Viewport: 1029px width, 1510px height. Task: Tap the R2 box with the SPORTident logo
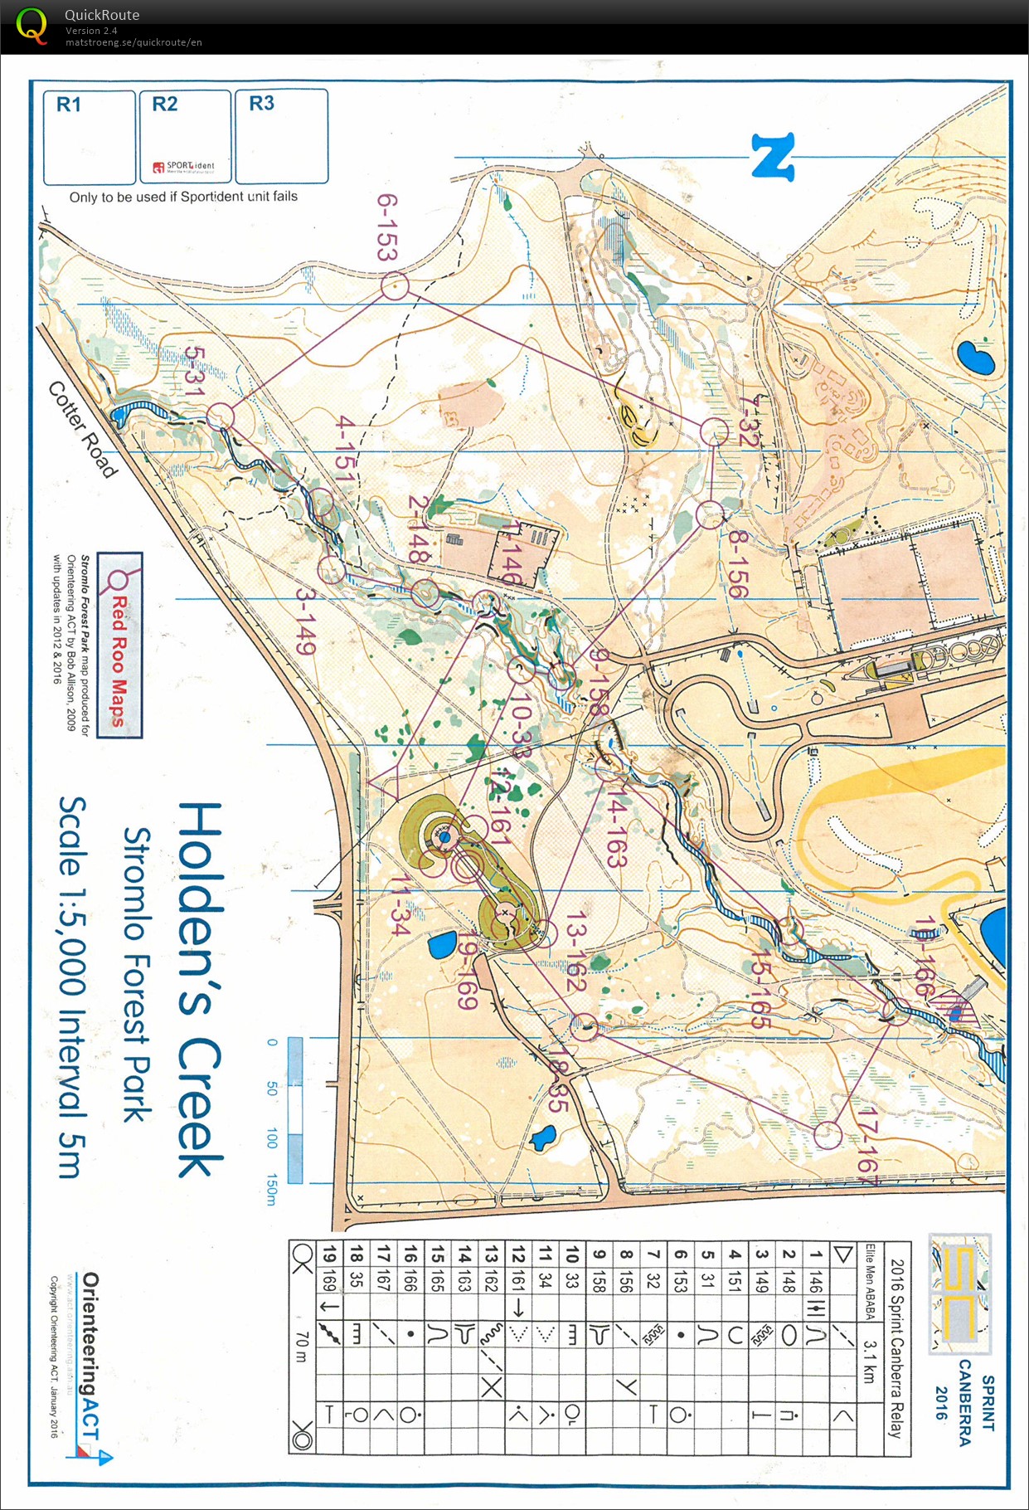[x=185, y=137]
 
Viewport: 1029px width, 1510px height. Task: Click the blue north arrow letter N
[x=773, y=157]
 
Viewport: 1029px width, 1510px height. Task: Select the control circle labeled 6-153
[x=395, y=287]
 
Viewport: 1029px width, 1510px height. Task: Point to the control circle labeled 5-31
[x=221, y=416]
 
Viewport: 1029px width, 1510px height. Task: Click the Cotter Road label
[x=82, y=429]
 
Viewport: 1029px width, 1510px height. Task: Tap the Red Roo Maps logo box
[x=119, y=645]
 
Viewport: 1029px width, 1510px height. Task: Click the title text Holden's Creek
[x=199, y=988]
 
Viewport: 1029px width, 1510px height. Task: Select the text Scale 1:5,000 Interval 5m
[x=72, y=987]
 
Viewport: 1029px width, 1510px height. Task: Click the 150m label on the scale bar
[x=271, y=1189]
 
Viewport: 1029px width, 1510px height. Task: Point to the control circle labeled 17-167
[x=828, y=1134]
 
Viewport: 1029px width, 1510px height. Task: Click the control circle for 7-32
[x=714, y=431]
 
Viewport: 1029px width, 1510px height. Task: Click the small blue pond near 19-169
[x=442, y=944]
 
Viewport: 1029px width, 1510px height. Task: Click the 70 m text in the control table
[x=302, y=1348]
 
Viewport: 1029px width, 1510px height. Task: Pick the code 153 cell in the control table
[x=680, y=1281]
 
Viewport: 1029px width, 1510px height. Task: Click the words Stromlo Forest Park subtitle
[x=137, y=974]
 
